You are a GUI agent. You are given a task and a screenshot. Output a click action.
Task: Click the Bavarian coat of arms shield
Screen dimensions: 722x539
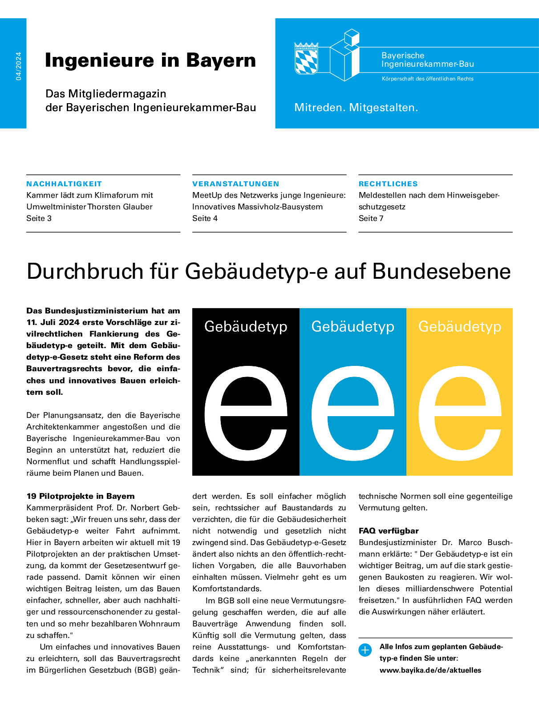click(306, 59)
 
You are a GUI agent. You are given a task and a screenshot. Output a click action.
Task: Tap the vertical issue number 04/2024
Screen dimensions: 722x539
click(18, 66)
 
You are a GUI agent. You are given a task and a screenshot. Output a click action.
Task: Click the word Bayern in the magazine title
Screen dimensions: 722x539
click(221, 60)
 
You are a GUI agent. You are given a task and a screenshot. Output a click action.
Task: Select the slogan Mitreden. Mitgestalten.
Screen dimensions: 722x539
click(356, 108)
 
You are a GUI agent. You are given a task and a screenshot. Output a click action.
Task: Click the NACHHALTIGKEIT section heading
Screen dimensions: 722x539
click(64, 184)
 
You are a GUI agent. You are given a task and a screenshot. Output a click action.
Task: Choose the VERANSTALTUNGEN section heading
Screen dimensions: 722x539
click(235, 184)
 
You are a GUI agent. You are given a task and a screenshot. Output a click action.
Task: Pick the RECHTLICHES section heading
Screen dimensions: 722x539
click(388, 184)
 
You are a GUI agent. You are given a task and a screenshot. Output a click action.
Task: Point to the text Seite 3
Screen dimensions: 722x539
click(39, 218)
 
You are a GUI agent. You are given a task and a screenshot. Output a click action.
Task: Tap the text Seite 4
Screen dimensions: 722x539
click(205, 218)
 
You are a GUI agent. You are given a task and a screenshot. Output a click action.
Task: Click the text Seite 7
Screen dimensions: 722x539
click(371, 218)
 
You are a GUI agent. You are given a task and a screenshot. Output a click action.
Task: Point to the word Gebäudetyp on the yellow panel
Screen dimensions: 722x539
click(459, 326)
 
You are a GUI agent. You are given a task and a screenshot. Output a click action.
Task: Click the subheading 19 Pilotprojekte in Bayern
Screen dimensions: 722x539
click(80, 496)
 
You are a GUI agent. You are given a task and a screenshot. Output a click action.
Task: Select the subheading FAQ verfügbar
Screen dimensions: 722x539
click(389, 531)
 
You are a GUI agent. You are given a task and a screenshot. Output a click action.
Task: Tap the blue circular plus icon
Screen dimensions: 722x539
click(365, 650)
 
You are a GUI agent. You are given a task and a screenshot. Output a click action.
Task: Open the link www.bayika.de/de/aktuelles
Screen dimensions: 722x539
click(430, 670)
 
